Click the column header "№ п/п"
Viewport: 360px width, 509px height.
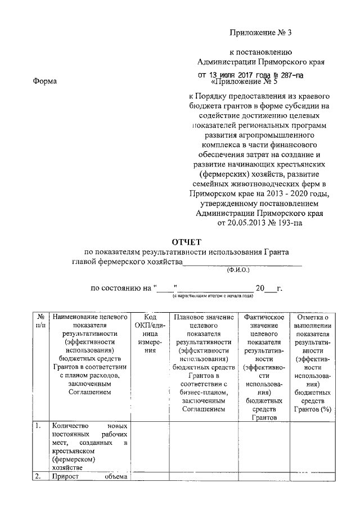coord(40,322)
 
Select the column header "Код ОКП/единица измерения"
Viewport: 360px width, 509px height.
coord(149,334)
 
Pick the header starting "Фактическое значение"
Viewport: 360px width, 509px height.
coord(264,367)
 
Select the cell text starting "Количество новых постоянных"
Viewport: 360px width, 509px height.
coord(89,447)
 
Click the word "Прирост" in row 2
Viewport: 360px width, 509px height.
coord(65,478)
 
